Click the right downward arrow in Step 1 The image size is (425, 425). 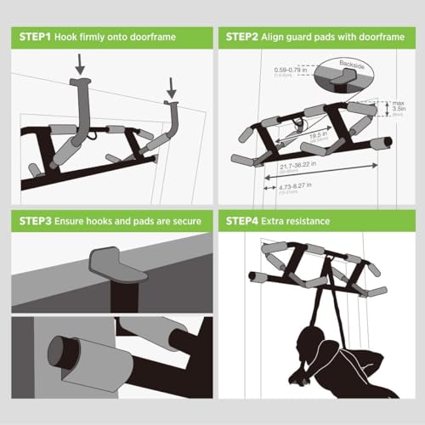coord(173,86)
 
